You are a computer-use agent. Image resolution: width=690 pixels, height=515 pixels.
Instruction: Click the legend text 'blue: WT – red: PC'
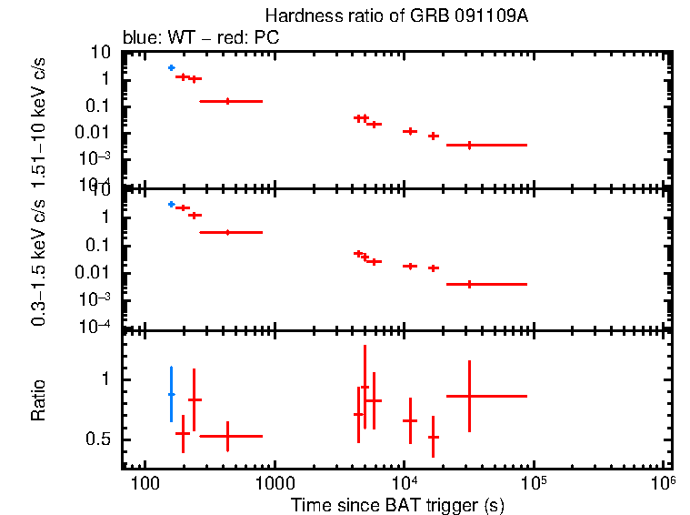(201, 38)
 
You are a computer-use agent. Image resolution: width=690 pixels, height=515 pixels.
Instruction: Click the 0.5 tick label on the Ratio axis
(98, 439)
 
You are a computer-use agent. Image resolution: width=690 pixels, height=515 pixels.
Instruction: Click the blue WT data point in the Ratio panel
(171, 394)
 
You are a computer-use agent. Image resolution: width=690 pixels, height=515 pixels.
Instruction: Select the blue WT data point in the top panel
(171, 68)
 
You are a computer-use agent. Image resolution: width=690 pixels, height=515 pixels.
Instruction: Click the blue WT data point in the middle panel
(171, 205)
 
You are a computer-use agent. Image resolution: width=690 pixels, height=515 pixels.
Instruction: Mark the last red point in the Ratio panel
(469, 396)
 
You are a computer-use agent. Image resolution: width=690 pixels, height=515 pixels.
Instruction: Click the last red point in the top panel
(469, 145)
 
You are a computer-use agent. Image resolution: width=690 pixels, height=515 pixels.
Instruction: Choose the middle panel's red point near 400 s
(227, 232)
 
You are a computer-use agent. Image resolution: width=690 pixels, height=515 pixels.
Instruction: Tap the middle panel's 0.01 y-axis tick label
(96, 273)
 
